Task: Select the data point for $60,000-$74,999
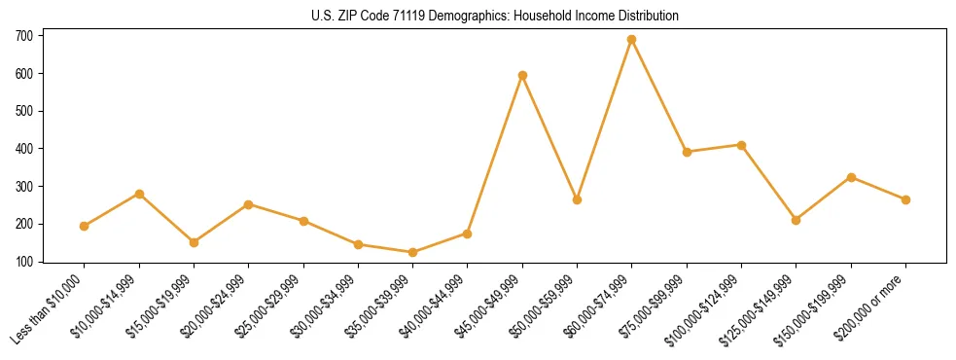pyautogui.click(x=632, y=40)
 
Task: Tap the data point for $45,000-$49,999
pyautogui.click(x=522, y=75)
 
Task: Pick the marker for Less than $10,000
pyautogui.click(x=85, y=226)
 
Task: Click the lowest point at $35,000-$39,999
pyautogui.click(x=413, y=252)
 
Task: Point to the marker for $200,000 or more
pyautogui.click(x=905, y=199)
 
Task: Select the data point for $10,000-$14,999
pyautogui.click(x=139, y=194)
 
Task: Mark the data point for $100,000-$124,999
pyautogui.click(x=741, y=145)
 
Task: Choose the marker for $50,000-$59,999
pyautogui.click(x=577, y=199)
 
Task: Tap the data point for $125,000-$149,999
pyautogui.click(x=797, y=220)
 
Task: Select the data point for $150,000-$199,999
pyautogui.click(x=851, y=177)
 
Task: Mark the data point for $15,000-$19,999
pyautogui.click(x=194, y=242)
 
